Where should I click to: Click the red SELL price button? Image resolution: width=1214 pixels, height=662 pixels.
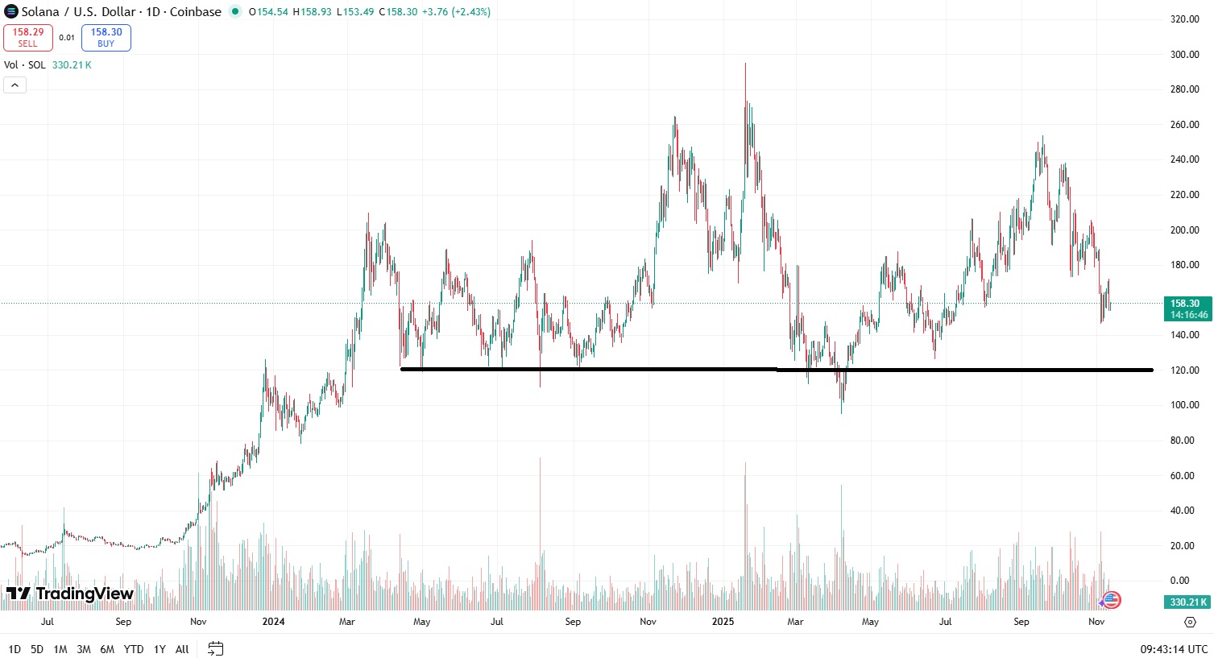click(x=28, y=38)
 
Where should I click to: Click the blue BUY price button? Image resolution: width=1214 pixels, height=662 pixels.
click(x=106, y=38)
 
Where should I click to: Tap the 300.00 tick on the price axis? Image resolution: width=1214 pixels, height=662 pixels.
click(x=1184, y=55)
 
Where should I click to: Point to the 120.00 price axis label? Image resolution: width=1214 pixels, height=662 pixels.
click(x=1184, y=370)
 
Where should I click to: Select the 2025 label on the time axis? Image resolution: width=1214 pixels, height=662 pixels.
click(x=723, y=622)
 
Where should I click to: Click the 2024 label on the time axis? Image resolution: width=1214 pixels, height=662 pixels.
click(x=273, y=622)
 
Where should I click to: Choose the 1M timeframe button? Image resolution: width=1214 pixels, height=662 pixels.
click(x=60, y=649)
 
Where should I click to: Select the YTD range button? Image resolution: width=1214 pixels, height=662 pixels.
click(x=134, y=649)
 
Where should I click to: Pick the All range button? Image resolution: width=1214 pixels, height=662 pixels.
click(x=182, y=649)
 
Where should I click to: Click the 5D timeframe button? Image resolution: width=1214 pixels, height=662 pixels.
click(x=37, y=649)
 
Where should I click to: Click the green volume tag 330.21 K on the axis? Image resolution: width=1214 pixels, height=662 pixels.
click(x=1187, y=602)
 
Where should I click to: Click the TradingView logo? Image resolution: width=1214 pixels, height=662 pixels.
click(x=70, y=594)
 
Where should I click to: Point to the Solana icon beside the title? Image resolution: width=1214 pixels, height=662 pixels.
click(x=11, y=12)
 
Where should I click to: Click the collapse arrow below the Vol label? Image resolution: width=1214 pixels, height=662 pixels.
click(x=15, y=85)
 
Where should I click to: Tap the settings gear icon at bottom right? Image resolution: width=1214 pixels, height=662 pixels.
click(x=1190, y=622)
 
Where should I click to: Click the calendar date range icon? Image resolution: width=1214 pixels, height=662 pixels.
click(x=215, y=648)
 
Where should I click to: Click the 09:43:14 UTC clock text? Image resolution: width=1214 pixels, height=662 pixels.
click(x=1174, y=649)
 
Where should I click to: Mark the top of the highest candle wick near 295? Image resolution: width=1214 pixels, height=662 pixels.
click(x=745, y=64)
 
